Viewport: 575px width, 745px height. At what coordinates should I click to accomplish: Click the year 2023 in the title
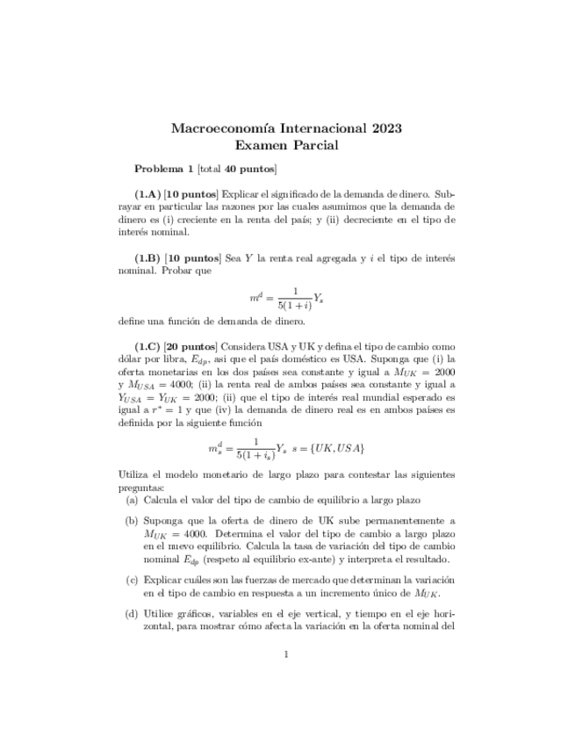[x=384, y=128]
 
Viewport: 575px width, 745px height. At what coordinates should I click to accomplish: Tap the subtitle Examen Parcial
[x=286, y=147]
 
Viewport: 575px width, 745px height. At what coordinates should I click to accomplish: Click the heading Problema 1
[x=163, y=169]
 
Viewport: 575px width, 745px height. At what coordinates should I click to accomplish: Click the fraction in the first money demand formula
[x=296, y=297]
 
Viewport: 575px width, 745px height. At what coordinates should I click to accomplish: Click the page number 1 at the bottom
[x=286, y=654]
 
